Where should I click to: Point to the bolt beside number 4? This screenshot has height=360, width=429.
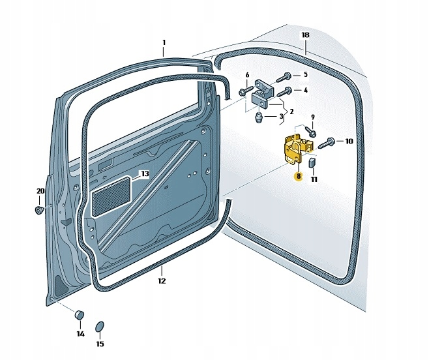point(281,93)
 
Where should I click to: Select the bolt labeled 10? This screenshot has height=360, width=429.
point(326,141)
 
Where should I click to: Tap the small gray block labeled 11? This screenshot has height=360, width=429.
point(312,162)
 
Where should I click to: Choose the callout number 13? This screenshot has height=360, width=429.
point(145,173)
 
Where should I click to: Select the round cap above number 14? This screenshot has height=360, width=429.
point(80,316)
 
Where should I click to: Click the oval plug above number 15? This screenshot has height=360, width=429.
point(100,326)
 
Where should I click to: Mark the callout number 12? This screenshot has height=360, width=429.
point(162,281)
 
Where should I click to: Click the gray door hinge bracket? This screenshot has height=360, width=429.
point(264,93)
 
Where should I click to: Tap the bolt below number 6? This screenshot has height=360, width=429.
point(245,91)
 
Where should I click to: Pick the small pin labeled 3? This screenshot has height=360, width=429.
point(258,117)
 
